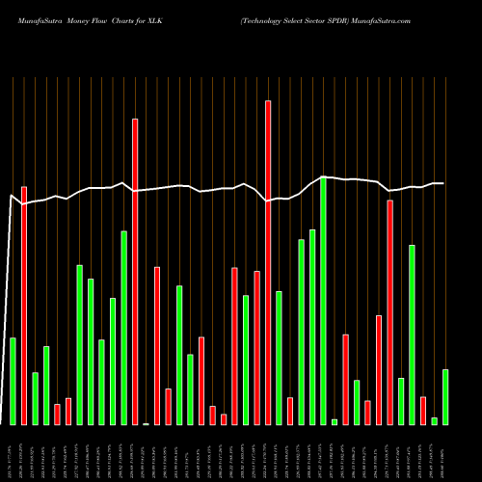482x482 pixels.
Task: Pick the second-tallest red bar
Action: (135, 271)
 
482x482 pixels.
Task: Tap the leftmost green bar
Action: (13, 381)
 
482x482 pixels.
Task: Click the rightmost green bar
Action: (445, 396)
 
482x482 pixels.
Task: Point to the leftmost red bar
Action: (24, 305)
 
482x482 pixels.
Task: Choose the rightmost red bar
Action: (423, 410)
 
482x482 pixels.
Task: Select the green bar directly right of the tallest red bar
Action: (279, 358)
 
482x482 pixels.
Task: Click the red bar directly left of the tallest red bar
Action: (256, 347)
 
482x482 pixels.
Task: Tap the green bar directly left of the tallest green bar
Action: (312, 327)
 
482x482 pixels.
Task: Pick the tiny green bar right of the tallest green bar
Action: (335, 421)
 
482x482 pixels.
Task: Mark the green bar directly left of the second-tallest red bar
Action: (123, 328)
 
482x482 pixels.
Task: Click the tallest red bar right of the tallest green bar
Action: (389, 312)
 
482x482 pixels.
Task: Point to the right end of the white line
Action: (443, 183)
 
